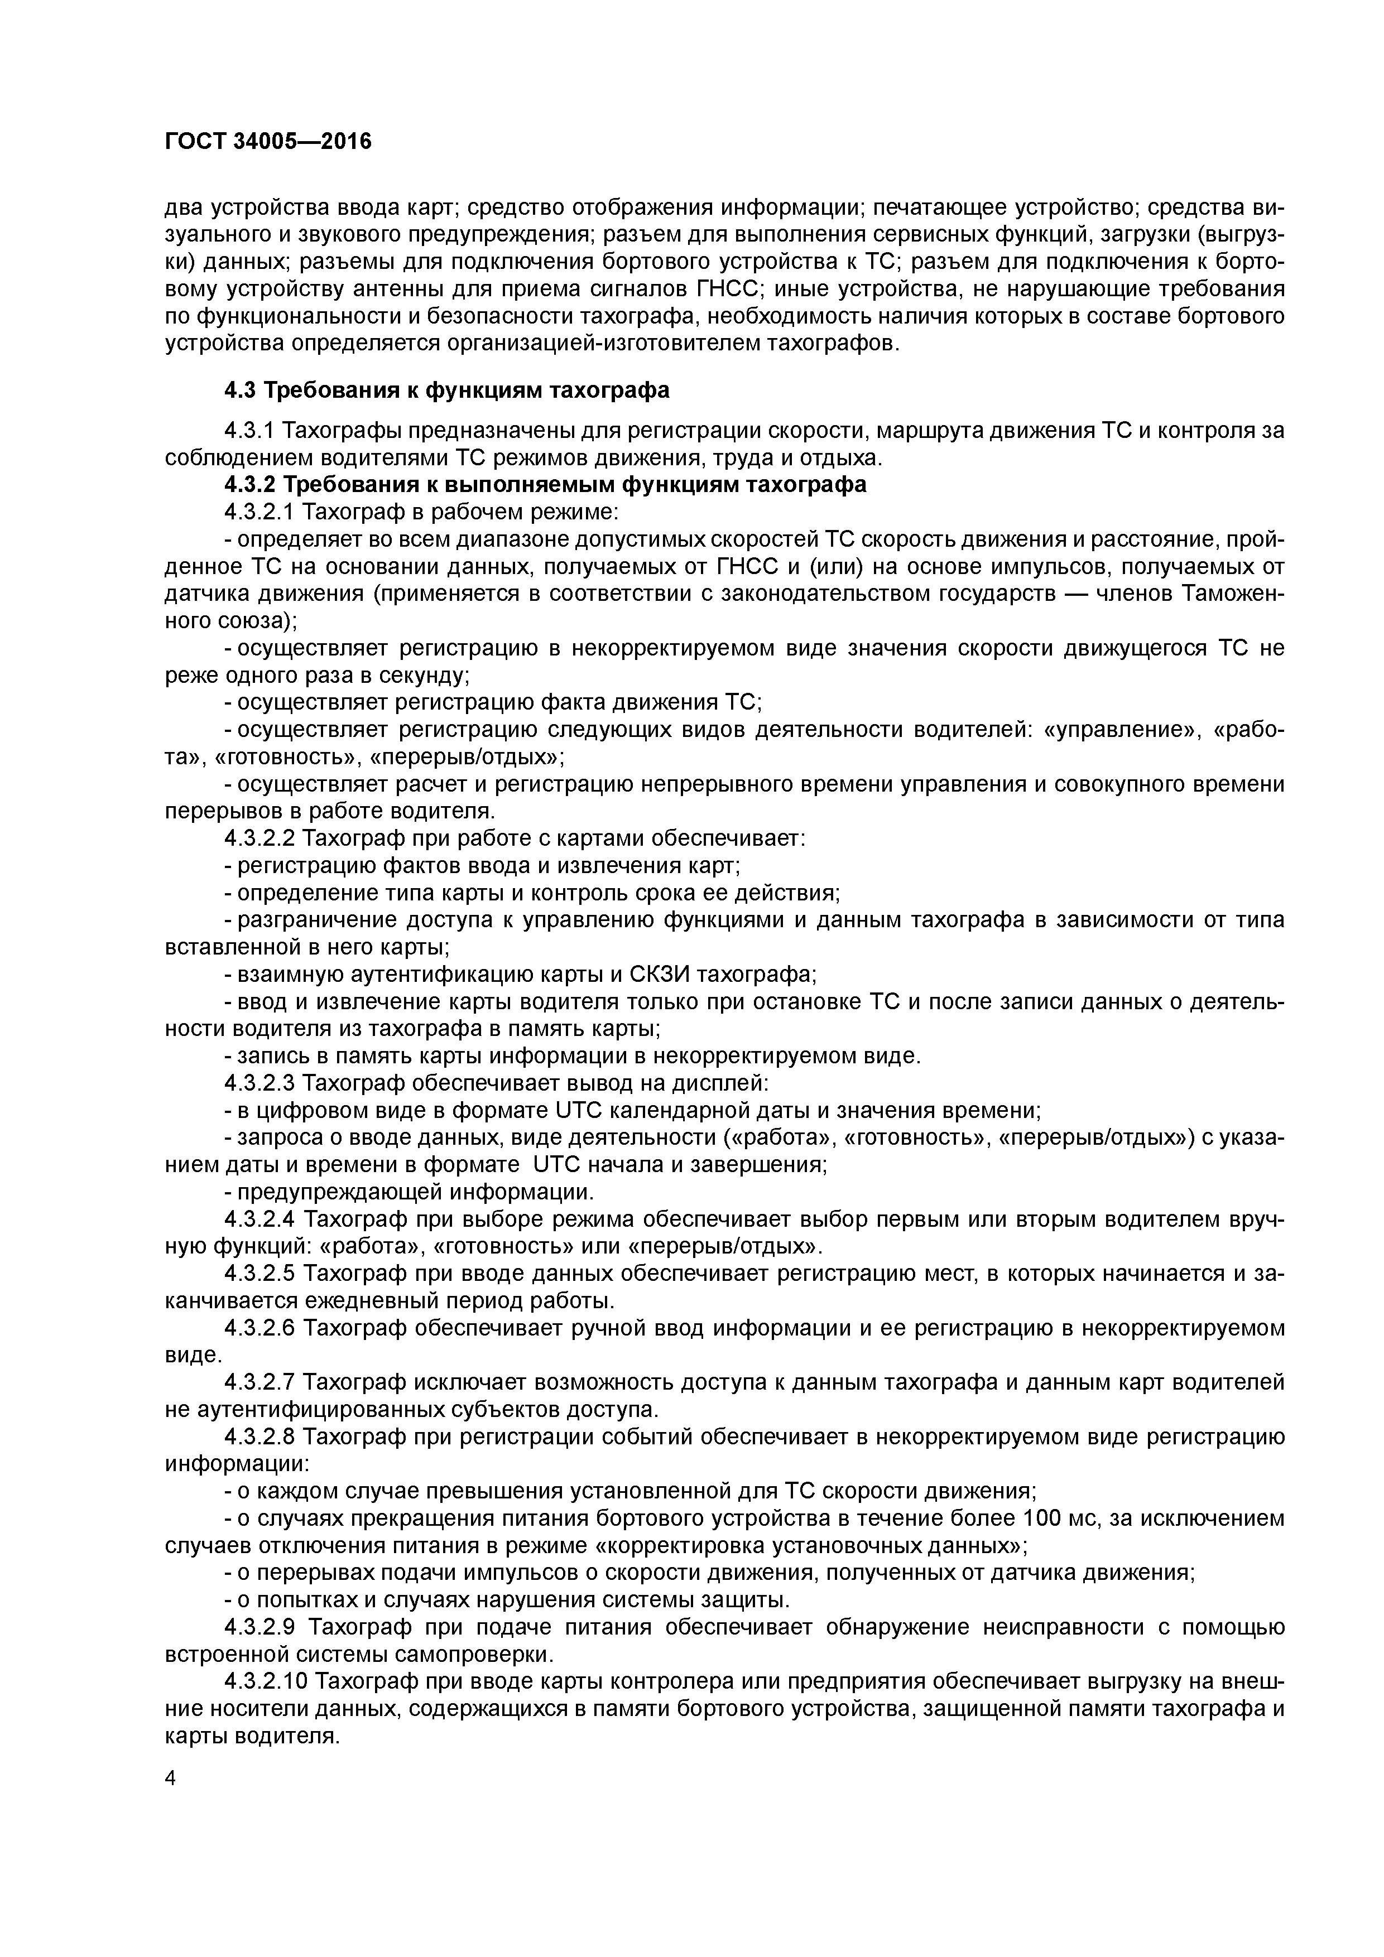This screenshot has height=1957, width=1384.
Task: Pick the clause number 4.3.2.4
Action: point(259,1219)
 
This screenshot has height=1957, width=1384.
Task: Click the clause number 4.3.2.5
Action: point(259,1274)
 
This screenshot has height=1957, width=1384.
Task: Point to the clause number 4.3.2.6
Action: point(259,1328)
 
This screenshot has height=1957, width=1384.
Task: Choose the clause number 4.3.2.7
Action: point(259,1382)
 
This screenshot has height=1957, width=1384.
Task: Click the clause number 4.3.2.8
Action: point(259,1436)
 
